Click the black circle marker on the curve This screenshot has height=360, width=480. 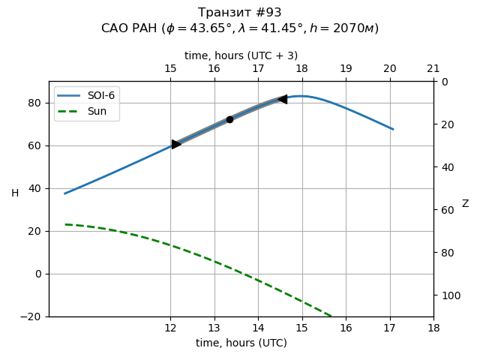point(229,119)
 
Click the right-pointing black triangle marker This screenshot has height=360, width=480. point(176,144)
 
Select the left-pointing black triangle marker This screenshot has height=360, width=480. point(282,99)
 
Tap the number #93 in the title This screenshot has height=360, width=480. point(267,13)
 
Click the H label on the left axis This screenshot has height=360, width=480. point(15,193)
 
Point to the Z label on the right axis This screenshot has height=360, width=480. point(465,204)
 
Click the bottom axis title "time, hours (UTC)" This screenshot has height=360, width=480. point(241,343)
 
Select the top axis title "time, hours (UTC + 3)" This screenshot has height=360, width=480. point(241,55)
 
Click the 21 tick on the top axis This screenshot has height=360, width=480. point(433,69)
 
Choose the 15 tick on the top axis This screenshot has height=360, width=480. point(170,69)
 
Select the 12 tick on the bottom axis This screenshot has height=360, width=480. point(170,328)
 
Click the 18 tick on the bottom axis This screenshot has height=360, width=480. point(433,328)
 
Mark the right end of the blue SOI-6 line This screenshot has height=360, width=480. point(392,129)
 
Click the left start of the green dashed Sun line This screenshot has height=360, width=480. point(65,224)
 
